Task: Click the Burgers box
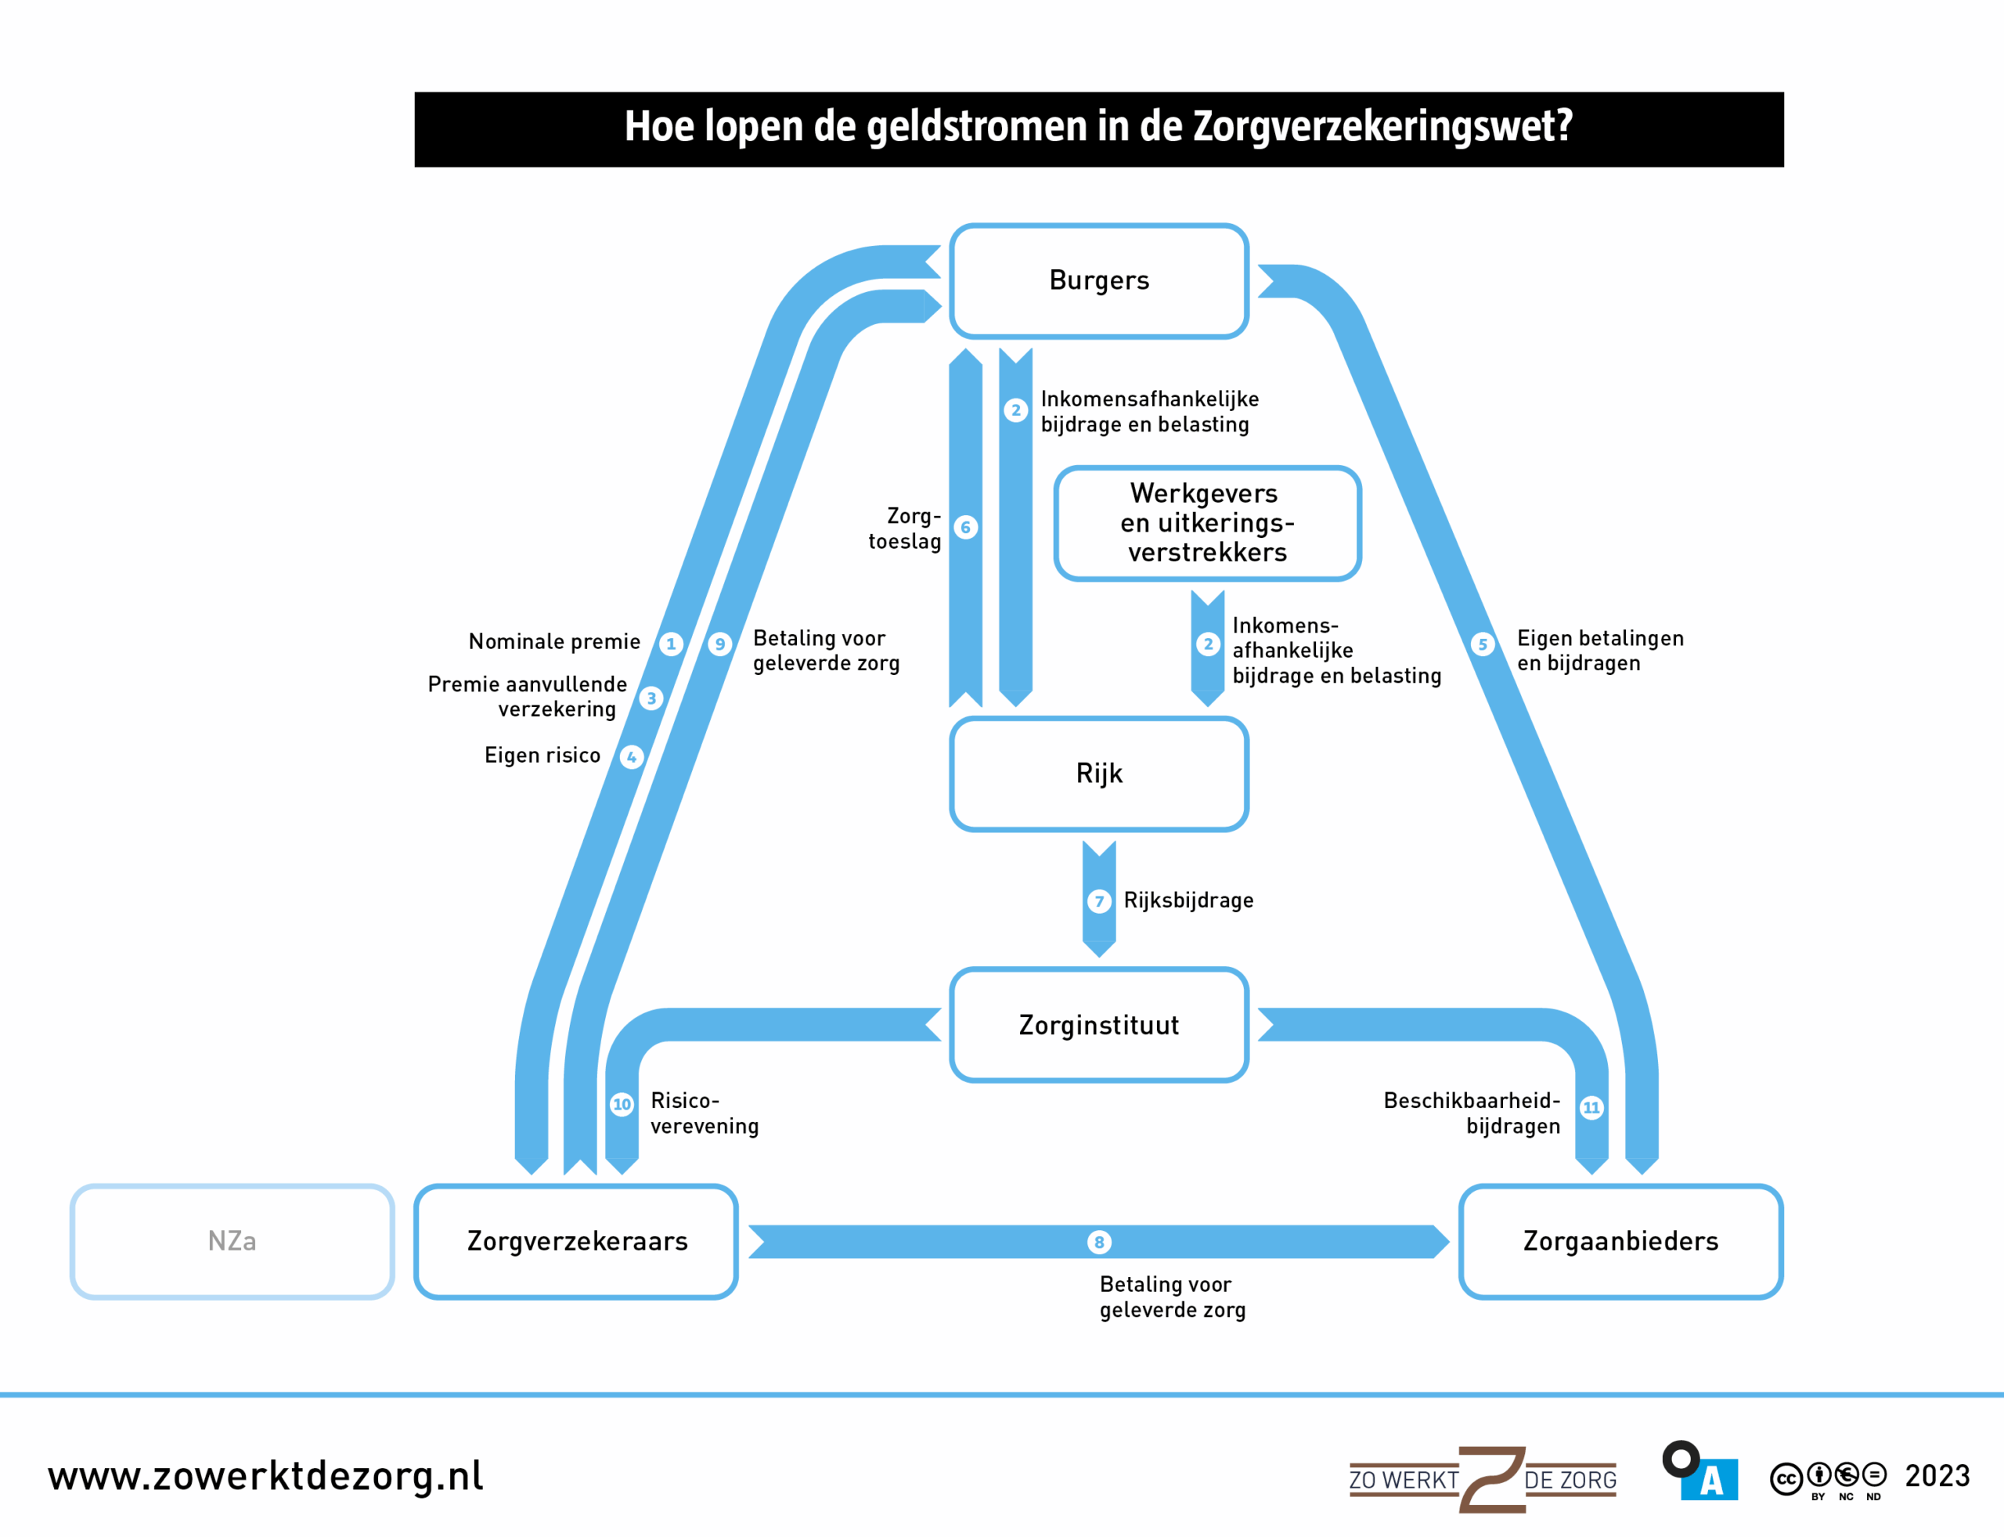click(x=1098, y=281)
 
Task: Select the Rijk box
click(x=1098, y=774)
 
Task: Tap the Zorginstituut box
click(x=1098, y=1025)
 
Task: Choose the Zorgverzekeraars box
click(x=576, y=1242)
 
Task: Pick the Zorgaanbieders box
click(x=1620, y=1242)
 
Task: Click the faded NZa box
click(x=232, y=1242)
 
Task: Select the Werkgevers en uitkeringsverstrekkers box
click(x=1207, y=523)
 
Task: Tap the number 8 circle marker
click(x=1098, y=1242)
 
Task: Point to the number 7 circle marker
click(x=1098, y=901)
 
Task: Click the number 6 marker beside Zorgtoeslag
click(x=966, y=527)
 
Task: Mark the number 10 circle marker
click(x=622, y=1104)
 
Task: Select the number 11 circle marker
click(x=1591, y=1108)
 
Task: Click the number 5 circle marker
click(x=1483, y=644)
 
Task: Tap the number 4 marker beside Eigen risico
click(x=631, y=756)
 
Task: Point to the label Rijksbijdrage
click(x=1188, y=900)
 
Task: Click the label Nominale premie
click(x=554, y=641)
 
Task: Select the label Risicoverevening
click(x=704, y=1113)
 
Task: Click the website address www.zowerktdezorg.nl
click(x=265, y=1476)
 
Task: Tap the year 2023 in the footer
click(x=1937, y=1476)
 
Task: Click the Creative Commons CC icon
click(x=1786, y=1478)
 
